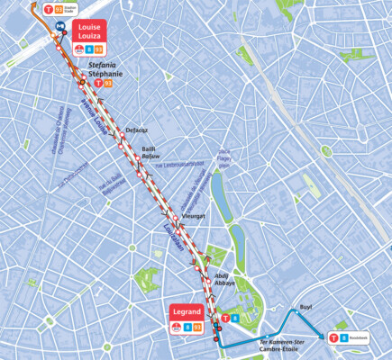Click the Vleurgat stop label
coord(194,217)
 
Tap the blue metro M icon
coord(60,26)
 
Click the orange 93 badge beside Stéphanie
coord(108,82)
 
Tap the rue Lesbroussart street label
coord(180,165)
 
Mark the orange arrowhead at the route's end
coord(33,4)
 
